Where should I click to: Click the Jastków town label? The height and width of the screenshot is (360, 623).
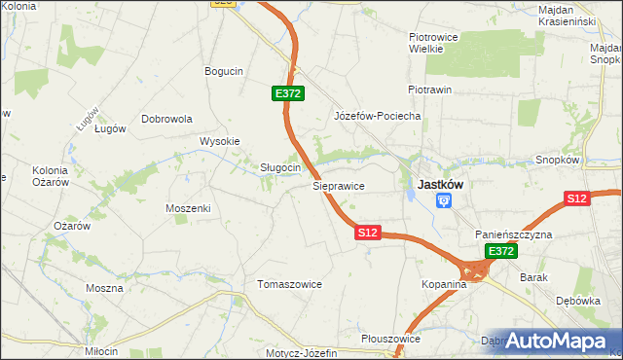tap(440, 183)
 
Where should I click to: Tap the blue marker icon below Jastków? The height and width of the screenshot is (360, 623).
tap(444, 201)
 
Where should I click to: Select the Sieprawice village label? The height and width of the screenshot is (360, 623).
tap(338, 184)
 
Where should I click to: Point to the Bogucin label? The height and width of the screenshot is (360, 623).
tap(223, 71)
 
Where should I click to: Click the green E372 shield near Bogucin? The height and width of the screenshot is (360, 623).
tap(288, 93)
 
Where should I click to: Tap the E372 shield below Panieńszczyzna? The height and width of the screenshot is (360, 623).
tap(500, 251)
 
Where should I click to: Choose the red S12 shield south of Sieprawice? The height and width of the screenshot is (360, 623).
tap(367, 233)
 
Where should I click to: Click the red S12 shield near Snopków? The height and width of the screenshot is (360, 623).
tap(577, 198)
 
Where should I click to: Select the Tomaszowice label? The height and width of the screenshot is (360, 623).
tap(289, 284)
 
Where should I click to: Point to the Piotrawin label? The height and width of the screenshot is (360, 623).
tap(429, 90)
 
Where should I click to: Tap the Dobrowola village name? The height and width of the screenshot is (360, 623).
tap(167, 119)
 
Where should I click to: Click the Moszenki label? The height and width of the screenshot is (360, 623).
tap(188, 208)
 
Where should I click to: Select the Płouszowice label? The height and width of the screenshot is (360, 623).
tap(389, 339)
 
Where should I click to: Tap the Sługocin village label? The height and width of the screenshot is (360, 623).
tap(279, 167)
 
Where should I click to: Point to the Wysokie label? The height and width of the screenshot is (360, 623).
tap(219, 141)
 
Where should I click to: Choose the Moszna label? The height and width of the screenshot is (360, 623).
tap(104, 288)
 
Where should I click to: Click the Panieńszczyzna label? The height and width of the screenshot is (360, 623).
tap(514, 235)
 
